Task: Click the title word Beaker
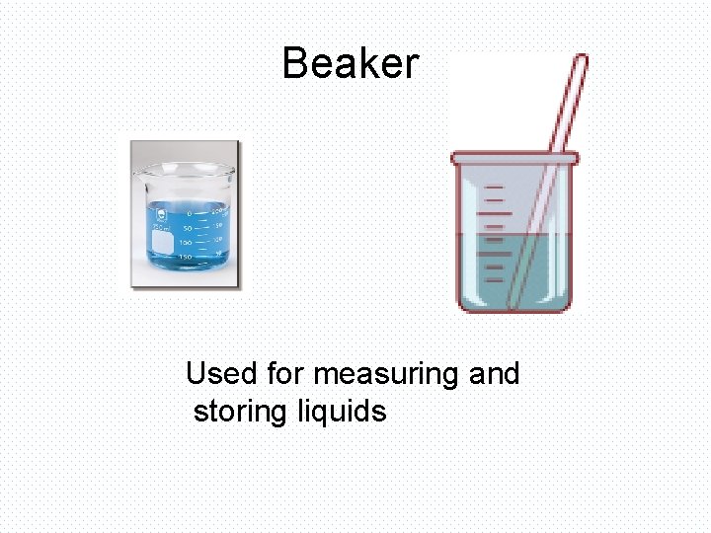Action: click(351, 64)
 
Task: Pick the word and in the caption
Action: click(494, 374)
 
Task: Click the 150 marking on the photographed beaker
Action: click(186, 258)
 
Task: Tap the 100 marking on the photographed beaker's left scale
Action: click(186, 243)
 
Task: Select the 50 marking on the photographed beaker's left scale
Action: click(188, 228)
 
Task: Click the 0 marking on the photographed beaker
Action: click(190, 213)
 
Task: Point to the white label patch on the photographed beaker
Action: click(162, 243)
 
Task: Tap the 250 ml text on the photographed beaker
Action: click(161, 228)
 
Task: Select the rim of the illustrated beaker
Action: click(513, 158)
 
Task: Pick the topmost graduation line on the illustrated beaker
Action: click(495, 188)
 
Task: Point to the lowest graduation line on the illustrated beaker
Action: click(495, 276)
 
